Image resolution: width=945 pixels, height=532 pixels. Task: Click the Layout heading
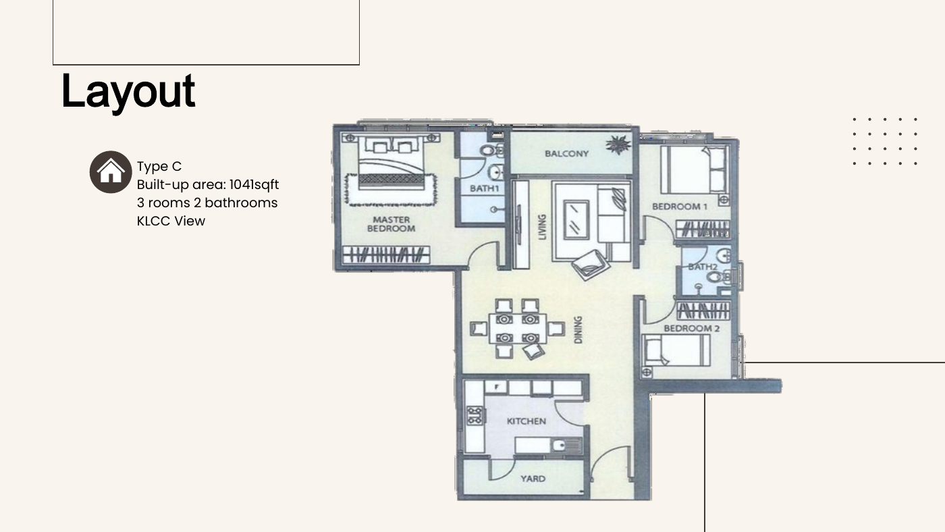[128, 92]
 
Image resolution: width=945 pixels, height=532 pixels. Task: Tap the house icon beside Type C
[111, 172]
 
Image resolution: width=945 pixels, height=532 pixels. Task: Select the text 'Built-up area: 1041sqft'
[208, 185]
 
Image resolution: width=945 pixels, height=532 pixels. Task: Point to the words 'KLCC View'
[171, 221]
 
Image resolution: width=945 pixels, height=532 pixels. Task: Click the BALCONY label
[566, 153]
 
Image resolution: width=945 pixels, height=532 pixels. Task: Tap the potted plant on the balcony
[618, 144]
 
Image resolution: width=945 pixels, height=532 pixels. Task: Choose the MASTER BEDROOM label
[391, 224]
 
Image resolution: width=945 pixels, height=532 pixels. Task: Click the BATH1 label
[485, 188]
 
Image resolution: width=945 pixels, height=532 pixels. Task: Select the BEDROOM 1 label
[680, 207]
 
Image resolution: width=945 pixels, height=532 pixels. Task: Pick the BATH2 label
[703, 267]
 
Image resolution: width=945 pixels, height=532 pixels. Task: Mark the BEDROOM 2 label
[691, 328]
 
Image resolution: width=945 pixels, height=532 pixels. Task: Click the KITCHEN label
[526, 421]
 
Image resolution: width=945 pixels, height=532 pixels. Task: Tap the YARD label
[533, 479]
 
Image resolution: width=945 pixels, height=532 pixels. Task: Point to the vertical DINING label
[578, 329]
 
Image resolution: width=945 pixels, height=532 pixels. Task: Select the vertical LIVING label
[542, 227]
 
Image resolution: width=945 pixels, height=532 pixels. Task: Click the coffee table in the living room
[576, 220]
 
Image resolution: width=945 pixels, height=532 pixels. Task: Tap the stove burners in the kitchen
[475, 415]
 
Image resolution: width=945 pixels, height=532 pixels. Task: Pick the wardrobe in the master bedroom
[386, 255]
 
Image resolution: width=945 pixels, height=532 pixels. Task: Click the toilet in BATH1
[491, 150]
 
